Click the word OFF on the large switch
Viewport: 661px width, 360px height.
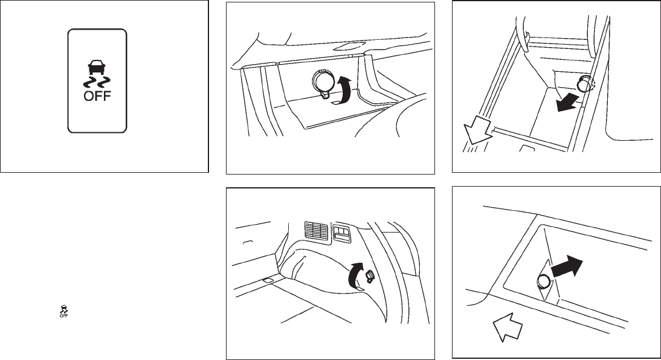97,95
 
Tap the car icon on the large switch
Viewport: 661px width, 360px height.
97,68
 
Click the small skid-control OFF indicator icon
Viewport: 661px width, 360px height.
63,310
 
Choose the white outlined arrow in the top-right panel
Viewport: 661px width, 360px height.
477,130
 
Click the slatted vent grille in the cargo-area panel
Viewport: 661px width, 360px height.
316,232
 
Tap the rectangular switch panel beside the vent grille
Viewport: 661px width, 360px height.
341,233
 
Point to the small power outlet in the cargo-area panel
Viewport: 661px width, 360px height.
370,276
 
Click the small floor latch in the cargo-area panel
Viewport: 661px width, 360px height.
268,280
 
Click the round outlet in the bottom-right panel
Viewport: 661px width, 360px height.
543,280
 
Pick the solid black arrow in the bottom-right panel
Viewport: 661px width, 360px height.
566,267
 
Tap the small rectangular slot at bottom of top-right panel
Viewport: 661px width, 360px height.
526,148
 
